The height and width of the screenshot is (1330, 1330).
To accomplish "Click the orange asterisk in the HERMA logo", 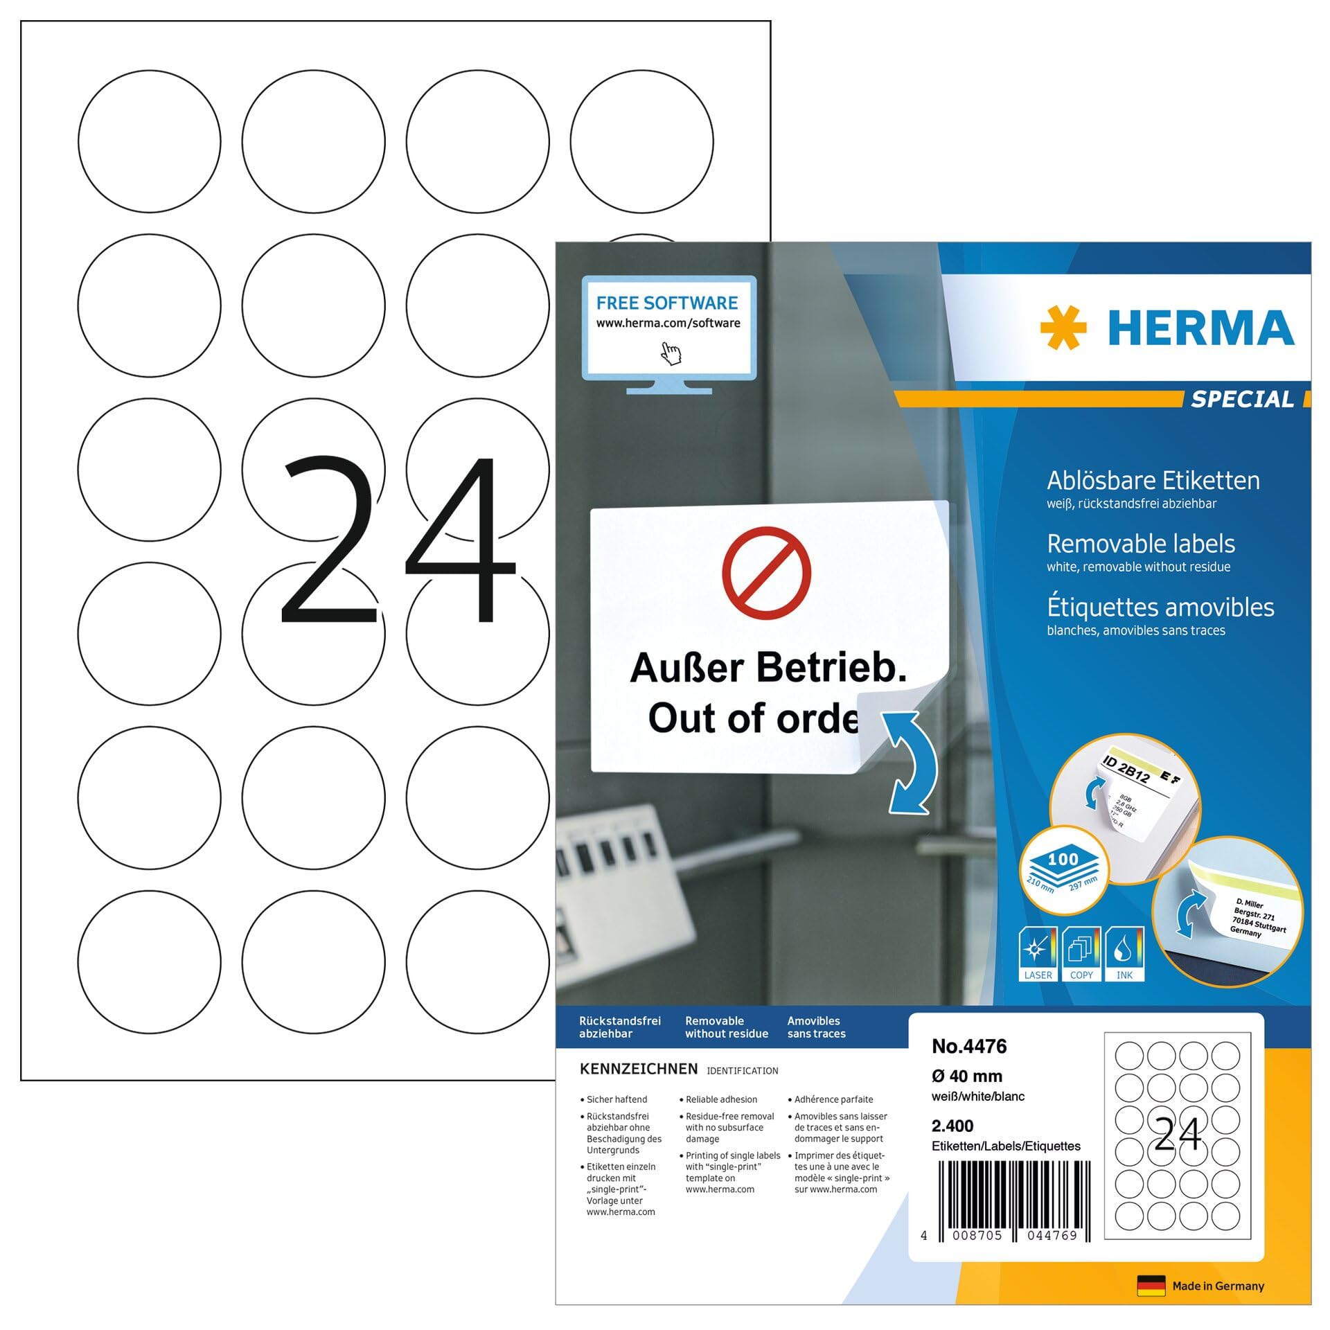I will (1063, 327).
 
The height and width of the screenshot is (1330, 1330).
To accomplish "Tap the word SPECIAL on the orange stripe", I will (1242, 400).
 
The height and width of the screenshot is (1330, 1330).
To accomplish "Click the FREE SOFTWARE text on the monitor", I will (666, 303).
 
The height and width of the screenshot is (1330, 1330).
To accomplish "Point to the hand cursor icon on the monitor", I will (671, 353).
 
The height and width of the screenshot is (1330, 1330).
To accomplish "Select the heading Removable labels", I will (1140, 544).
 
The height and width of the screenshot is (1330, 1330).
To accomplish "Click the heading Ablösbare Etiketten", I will (1153, 480).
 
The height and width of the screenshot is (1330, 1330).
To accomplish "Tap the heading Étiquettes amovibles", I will (1160, 608).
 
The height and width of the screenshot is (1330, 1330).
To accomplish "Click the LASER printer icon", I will (1038, 953).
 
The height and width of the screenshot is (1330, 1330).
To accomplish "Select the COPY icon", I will (1081, 953).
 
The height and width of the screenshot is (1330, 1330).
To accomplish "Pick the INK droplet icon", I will (1124, 953).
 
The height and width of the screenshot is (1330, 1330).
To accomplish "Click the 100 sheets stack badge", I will (1063, 869).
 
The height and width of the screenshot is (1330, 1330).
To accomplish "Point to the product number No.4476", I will (968, 1046).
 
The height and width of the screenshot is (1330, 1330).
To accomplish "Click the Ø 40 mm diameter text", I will (966, 1076).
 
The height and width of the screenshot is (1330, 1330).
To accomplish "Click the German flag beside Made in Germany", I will (1151, 1286).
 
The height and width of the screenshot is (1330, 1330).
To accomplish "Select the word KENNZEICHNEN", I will (638, 1069).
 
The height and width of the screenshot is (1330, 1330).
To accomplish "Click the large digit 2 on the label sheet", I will (329, 540).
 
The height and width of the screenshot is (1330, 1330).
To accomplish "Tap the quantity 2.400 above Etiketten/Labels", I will (952, 1126).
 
